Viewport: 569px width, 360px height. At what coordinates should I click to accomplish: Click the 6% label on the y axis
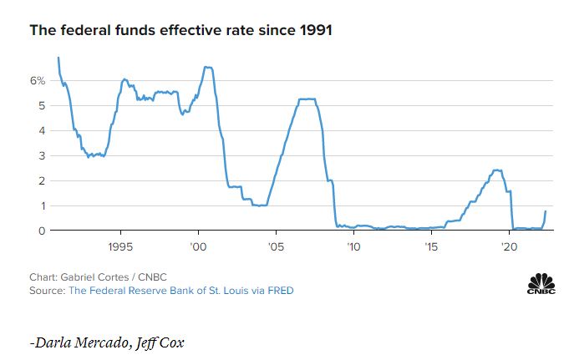click(37, 81)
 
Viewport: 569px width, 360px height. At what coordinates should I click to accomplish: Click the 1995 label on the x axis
click(121, 247)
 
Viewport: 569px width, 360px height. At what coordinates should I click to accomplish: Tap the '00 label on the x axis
click(198, 247)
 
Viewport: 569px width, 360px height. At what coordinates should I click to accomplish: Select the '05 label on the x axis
click(276, 247)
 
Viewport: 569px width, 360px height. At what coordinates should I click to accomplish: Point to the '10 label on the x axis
click(353, 247)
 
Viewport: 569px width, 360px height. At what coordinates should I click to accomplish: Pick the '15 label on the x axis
click(430, 247)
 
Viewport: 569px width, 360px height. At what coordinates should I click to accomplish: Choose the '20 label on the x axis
click(508, 247)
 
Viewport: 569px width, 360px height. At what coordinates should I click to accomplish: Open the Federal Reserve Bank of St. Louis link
click(180, 291)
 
